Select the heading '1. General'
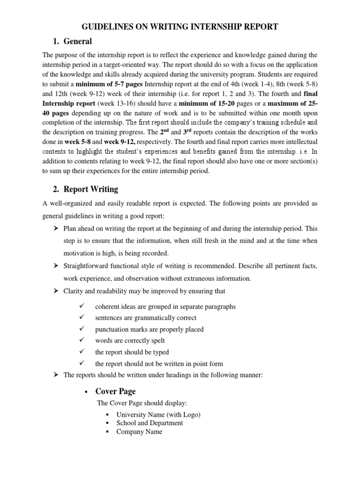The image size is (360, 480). point(72,42)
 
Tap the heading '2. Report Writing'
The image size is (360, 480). point(85,189)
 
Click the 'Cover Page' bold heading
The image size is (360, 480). point(115,391)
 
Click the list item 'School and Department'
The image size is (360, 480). point(150,423)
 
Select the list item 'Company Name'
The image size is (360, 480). point(139,432)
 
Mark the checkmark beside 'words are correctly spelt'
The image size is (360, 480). point(82,341)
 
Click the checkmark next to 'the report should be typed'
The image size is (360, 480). point(82,352)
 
